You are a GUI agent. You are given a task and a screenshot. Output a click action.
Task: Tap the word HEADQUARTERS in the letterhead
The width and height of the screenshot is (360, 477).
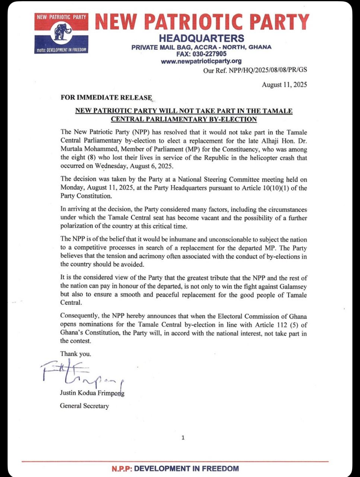point(201,38)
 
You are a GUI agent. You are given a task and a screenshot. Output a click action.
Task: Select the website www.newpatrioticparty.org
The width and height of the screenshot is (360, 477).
point(201,61)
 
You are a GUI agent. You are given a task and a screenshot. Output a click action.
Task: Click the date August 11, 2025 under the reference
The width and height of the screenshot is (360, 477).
point(284,85)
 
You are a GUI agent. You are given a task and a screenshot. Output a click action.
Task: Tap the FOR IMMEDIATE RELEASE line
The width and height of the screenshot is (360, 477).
point(106,98)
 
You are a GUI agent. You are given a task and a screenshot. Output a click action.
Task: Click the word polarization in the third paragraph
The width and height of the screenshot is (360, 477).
point(78,226)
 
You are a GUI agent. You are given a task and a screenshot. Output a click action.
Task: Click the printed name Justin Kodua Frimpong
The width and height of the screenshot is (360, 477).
point(92,393)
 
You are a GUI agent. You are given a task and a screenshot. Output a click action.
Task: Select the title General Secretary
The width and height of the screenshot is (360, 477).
point(84,406)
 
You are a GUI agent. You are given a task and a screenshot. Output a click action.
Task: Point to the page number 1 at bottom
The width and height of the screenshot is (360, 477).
point(183,438)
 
